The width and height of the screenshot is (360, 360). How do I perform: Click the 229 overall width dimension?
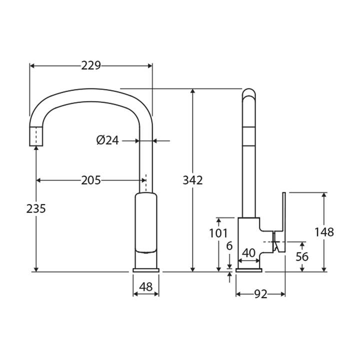point(91,65)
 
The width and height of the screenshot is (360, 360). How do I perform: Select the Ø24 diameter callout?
point(107,140)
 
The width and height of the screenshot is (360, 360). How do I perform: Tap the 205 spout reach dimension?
point(91,180)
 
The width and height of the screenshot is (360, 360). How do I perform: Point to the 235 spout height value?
point(36,208)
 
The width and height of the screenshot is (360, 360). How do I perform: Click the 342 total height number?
point(193,180)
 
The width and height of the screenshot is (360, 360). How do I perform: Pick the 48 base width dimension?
point(146,287)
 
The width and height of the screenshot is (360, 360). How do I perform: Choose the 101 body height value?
point(218,233)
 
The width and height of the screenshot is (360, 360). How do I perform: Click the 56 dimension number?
point(302,257)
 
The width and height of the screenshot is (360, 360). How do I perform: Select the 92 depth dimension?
point(260,294)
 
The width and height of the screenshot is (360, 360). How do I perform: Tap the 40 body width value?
point(248,253)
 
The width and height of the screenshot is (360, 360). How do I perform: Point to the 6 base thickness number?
point(229,246)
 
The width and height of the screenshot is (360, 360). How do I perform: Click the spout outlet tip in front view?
point(36,136)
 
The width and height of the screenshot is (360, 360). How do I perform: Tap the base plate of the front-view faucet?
point(146,269)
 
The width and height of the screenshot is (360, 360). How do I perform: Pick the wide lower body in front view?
point(146,222)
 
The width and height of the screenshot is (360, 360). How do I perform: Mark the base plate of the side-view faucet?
point(248,269)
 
